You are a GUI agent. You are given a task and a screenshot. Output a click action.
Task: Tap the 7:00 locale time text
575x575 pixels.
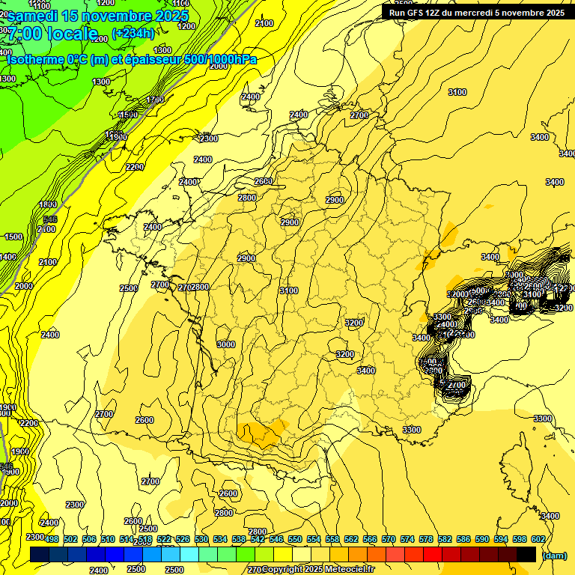click(x=52, y=34)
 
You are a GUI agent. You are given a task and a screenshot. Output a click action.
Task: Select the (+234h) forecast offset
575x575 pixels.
click(x=133, y=33)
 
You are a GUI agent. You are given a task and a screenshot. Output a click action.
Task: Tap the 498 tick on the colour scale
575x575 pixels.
click(x=52, y=539)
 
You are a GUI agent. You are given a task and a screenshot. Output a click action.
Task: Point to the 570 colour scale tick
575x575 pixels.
click(x=389, y=539)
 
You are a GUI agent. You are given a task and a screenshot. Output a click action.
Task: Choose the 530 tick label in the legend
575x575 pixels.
click(x=201, y=539)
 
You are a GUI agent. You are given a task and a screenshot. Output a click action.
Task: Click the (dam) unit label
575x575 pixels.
click(x=553, y=556)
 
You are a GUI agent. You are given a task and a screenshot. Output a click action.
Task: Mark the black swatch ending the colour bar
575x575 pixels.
click(x=526, y=555)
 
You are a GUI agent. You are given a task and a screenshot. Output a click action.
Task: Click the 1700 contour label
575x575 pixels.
click(x=155, y=100)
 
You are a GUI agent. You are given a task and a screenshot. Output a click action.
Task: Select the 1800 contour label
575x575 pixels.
click(x=48, y=204)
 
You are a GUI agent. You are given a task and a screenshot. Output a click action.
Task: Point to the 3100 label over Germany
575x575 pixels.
click(x=457, y=92)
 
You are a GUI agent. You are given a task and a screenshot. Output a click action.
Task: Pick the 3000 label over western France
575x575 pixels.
click(x=225, y=344)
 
